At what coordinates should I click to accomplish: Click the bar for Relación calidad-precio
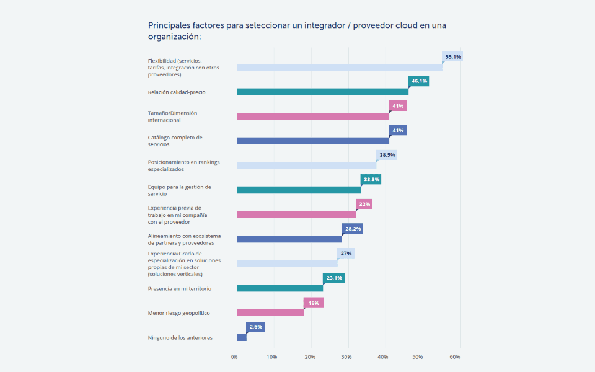(322, 92)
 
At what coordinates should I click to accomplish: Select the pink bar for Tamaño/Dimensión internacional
(313, 116)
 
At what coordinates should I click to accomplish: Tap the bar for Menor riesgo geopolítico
(270, 312)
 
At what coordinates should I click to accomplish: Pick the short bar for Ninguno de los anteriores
(242, 337)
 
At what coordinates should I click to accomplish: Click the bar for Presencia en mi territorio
(280, 288)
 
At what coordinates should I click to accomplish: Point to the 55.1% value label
(453, 56)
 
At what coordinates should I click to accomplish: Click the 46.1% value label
(419, 81)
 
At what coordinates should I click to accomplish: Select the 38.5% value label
(387, 155)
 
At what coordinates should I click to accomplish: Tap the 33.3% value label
(371, 179)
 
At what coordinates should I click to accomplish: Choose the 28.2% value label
(353, 229)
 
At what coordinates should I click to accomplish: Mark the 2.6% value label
(256, 327)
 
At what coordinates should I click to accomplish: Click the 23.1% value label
(334, 278)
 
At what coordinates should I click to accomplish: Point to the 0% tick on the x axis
(234, 357)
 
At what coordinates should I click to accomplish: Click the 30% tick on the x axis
(346, 357)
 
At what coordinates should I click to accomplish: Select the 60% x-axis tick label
(454, 357)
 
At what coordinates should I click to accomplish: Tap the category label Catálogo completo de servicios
(175, 141)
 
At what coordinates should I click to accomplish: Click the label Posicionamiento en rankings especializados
(183, 166)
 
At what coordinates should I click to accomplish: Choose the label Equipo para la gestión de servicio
(179, 190)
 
